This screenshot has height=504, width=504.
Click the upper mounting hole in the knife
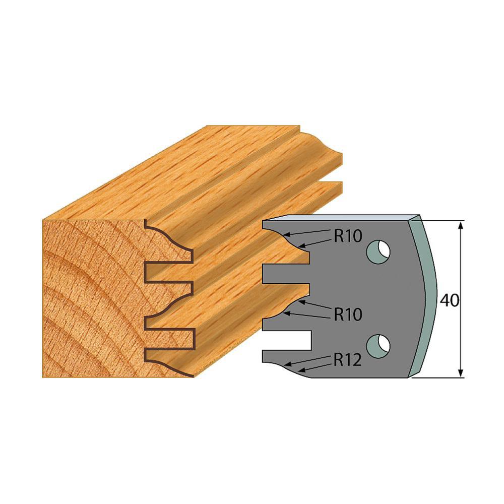pos(379,251)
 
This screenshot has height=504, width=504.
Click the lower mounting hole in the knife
pos(379,344)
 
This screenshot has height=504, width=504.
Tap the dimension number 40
pos(448,300)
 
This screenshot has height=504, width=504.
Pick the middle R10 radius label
pos(348,315)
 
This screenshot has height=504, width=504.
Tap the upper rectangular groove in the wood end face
pos(169,272)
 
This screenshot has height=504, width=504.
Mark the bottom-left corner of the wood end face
pos(44,376)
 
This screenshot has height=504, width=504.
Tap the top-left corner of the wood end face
pos(44,220)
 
